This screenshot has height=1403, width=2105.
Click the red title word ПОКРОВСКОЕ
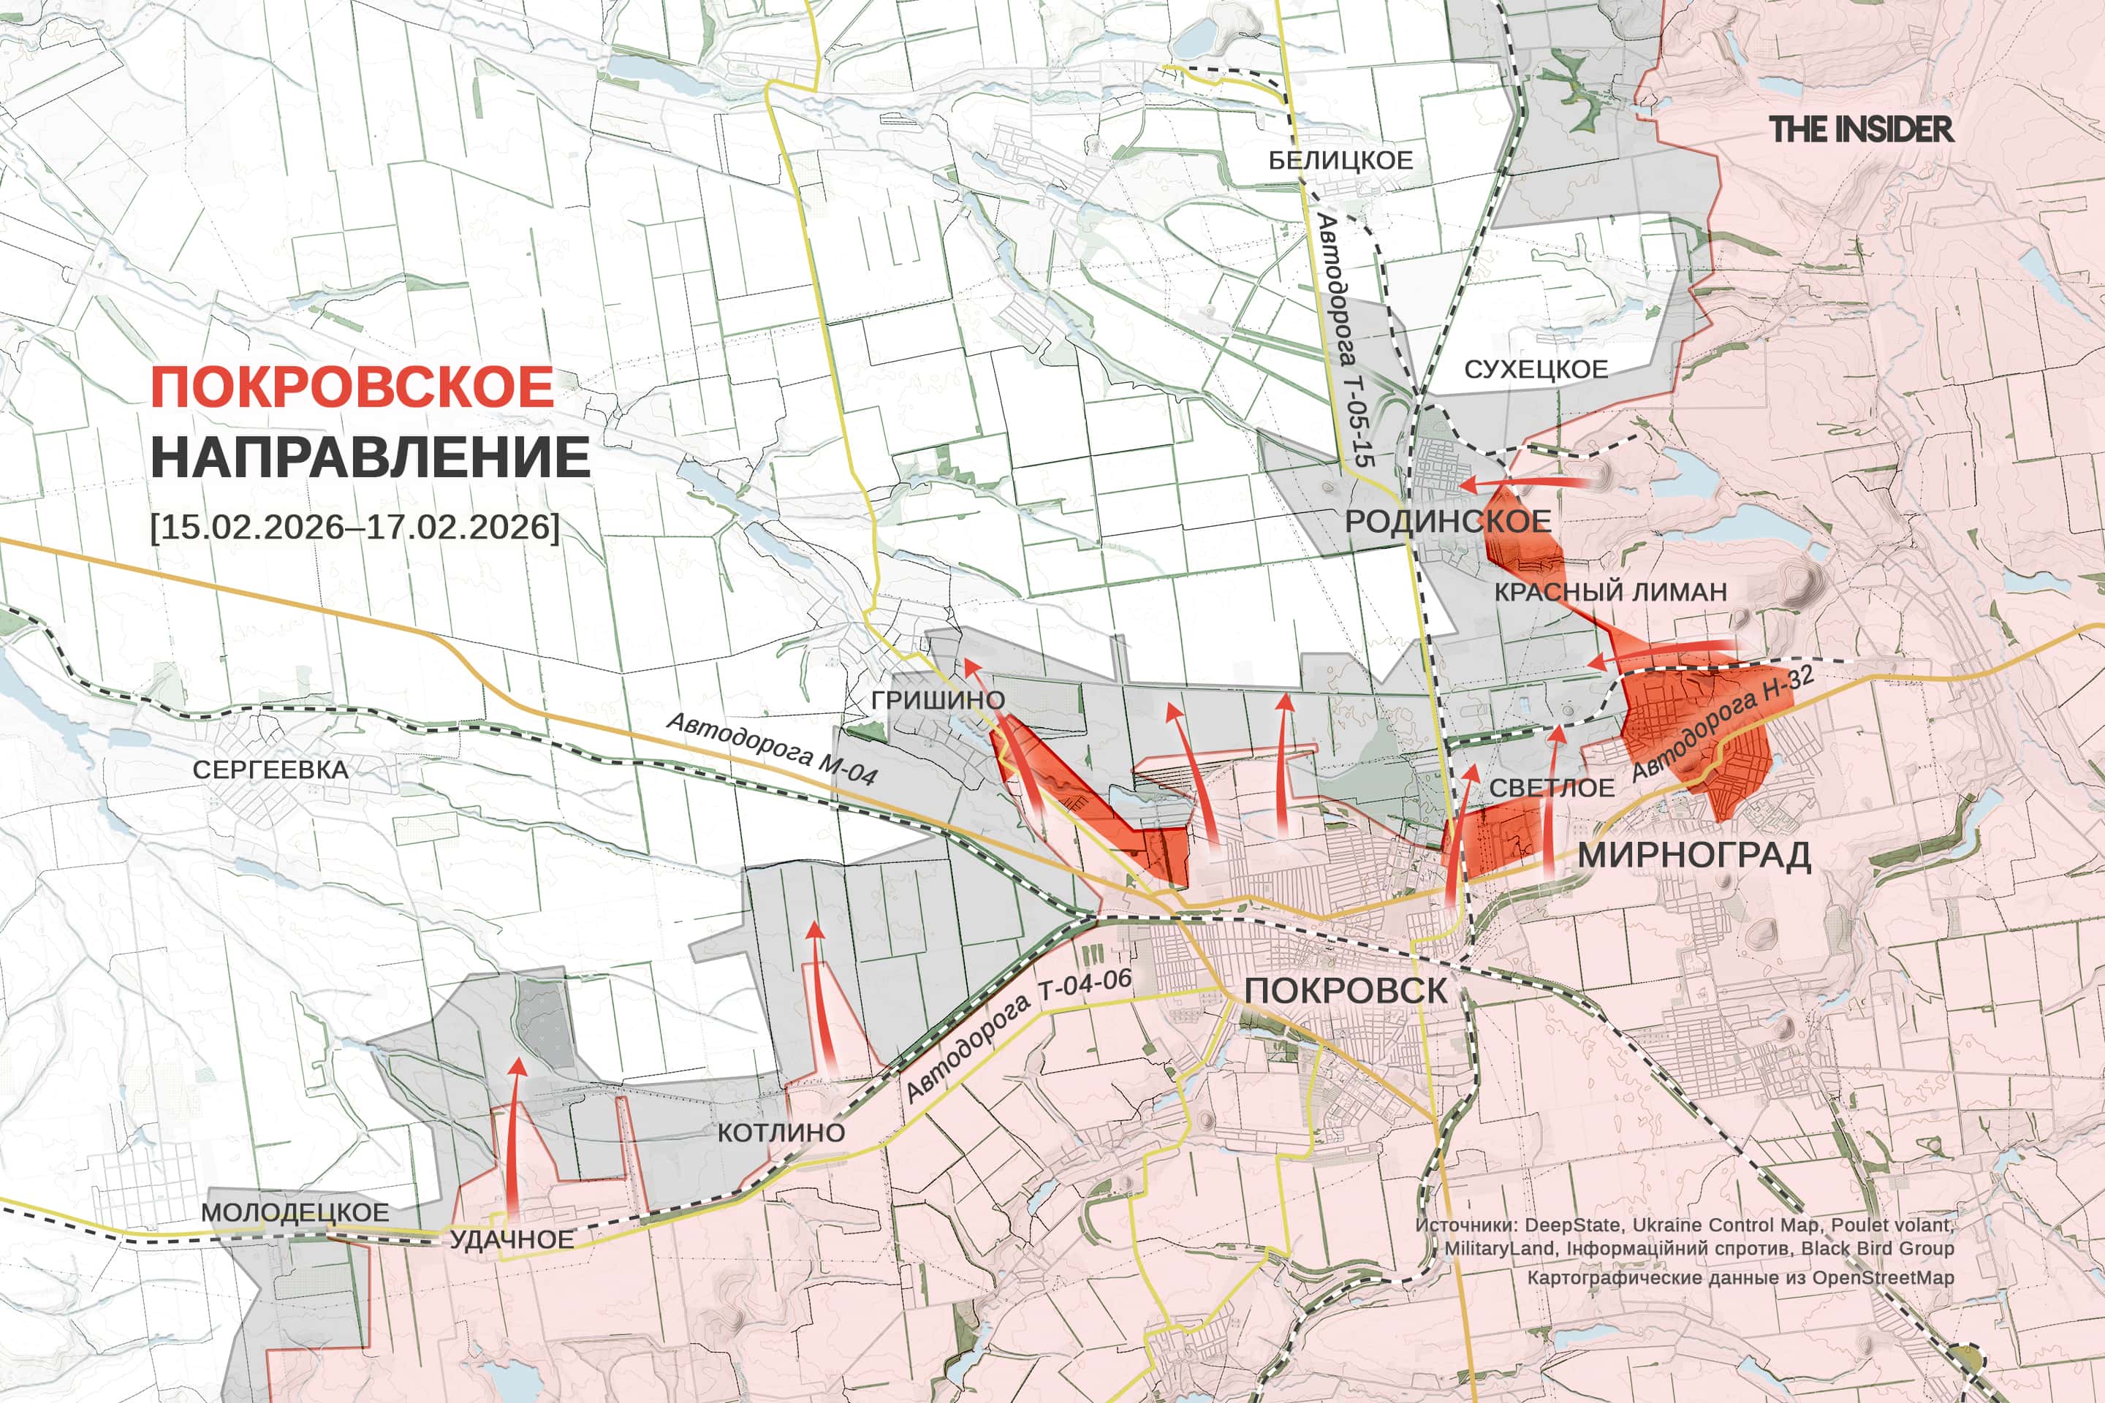[352, 387]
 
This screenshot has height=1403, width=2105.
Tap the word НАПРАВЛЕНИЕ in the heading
[370, 457]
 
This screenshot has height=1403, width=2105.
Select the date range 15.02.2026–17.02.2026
[355, 526]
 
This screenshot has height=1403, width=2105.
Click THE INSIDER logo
[1861, 130]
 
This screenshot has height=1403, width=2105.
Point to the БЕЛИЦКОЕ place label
[1340, 160]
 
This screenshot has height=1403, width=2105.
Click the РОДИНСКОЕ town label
[1448, 522]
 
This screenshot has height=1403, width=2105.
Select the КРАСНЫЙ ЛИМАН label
[1611, 591]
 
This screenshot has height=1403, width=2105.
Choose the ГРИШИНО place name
[938, 700]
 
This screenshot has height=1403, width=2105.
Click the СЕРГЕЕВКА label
[271, 769]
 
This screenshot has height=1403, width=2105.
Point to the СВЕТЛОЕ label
[1552, 788]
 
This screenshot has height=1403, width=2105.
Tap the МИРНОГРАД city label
[1694, 856]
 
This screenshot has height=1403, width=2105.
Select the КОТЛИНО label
[781, 1133]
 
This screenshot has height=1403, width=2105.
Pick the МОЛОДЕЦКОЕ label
[295, 1212]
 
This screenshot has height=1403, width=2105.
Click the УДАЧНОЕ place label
[511, 1239]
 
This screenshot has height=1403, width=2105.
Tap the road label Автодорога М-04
[772, 748]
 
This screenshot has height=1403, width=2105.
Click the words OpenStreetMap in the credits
[1883, 1278]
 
